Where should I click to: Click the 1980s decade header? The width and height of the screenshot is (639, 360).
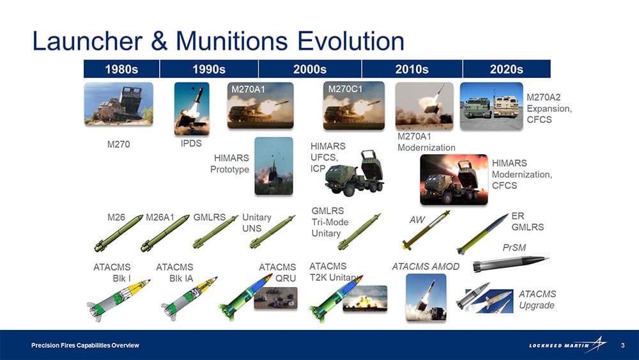point(121,69)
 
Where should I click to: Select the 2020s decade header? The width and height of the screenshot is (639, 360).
point(507,69)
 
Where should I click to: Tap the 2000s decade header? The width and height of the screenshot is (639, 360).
point(310,69)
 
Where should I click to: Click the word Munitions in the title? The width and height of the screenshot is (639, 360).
point(231,41)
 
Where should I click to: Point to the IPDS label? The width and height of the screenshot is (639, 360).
point(191,143)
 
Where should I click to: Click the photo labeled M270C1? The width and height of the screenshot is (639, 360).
point(354,106)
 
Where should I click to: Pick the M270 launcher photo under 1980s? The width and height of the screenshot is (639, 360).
point(119,104)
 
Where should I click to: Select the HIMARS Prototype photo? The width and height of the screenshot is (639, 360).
point(273,166)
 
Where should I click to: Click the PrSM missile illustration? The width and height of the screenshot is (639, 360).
point(510,263)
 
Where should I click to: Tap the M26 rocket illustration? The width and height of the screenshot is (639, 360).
point(118,233)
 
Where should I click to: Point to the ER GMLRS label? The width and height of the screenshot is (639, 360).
point(527,221)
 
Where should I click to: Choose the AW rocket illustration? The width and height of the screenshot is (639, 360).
point(426,230)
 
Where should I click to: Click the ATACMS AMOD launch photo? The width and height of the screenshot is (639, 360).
point(426,297)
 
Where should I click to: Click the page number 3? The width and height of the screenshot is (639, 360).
point(622,345)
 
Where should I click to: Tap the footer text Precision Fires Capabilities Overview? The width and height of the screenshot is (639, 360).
point(85,345)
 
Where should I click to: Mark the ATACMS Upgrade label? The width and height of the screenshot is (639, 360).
point(537,300)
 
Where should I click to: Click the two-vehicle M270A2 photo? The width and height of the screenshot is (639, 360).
point(491,106)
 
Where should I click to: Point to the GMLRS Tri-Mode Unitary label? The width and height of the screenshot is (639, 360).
point(330,222)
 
